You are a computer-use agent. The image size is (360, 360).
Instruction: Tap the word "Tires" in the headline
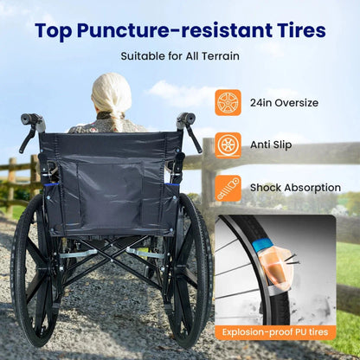(x=296, y=31)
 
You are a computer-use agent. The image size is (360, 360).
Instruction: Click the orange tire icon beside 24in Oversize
(x=228, y=103)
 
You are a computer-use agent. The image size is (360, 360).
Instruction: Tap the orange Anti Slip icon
(x=228, y=145)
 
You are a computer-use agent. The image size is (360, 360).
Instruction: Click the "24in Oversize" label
(x=284, y=103)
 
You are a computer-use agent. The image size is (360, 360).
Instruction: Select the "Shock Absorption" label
(x=293, y=187)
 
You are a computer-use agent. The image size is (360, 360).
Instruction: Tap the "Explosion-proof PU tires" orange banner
(x=275, y=331)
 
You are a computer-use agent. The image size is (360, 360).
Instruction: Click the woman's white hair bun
(x=112, y=91)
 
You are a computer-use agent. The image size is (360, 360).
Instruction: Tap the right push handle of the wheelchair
(x=185, y=119)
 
